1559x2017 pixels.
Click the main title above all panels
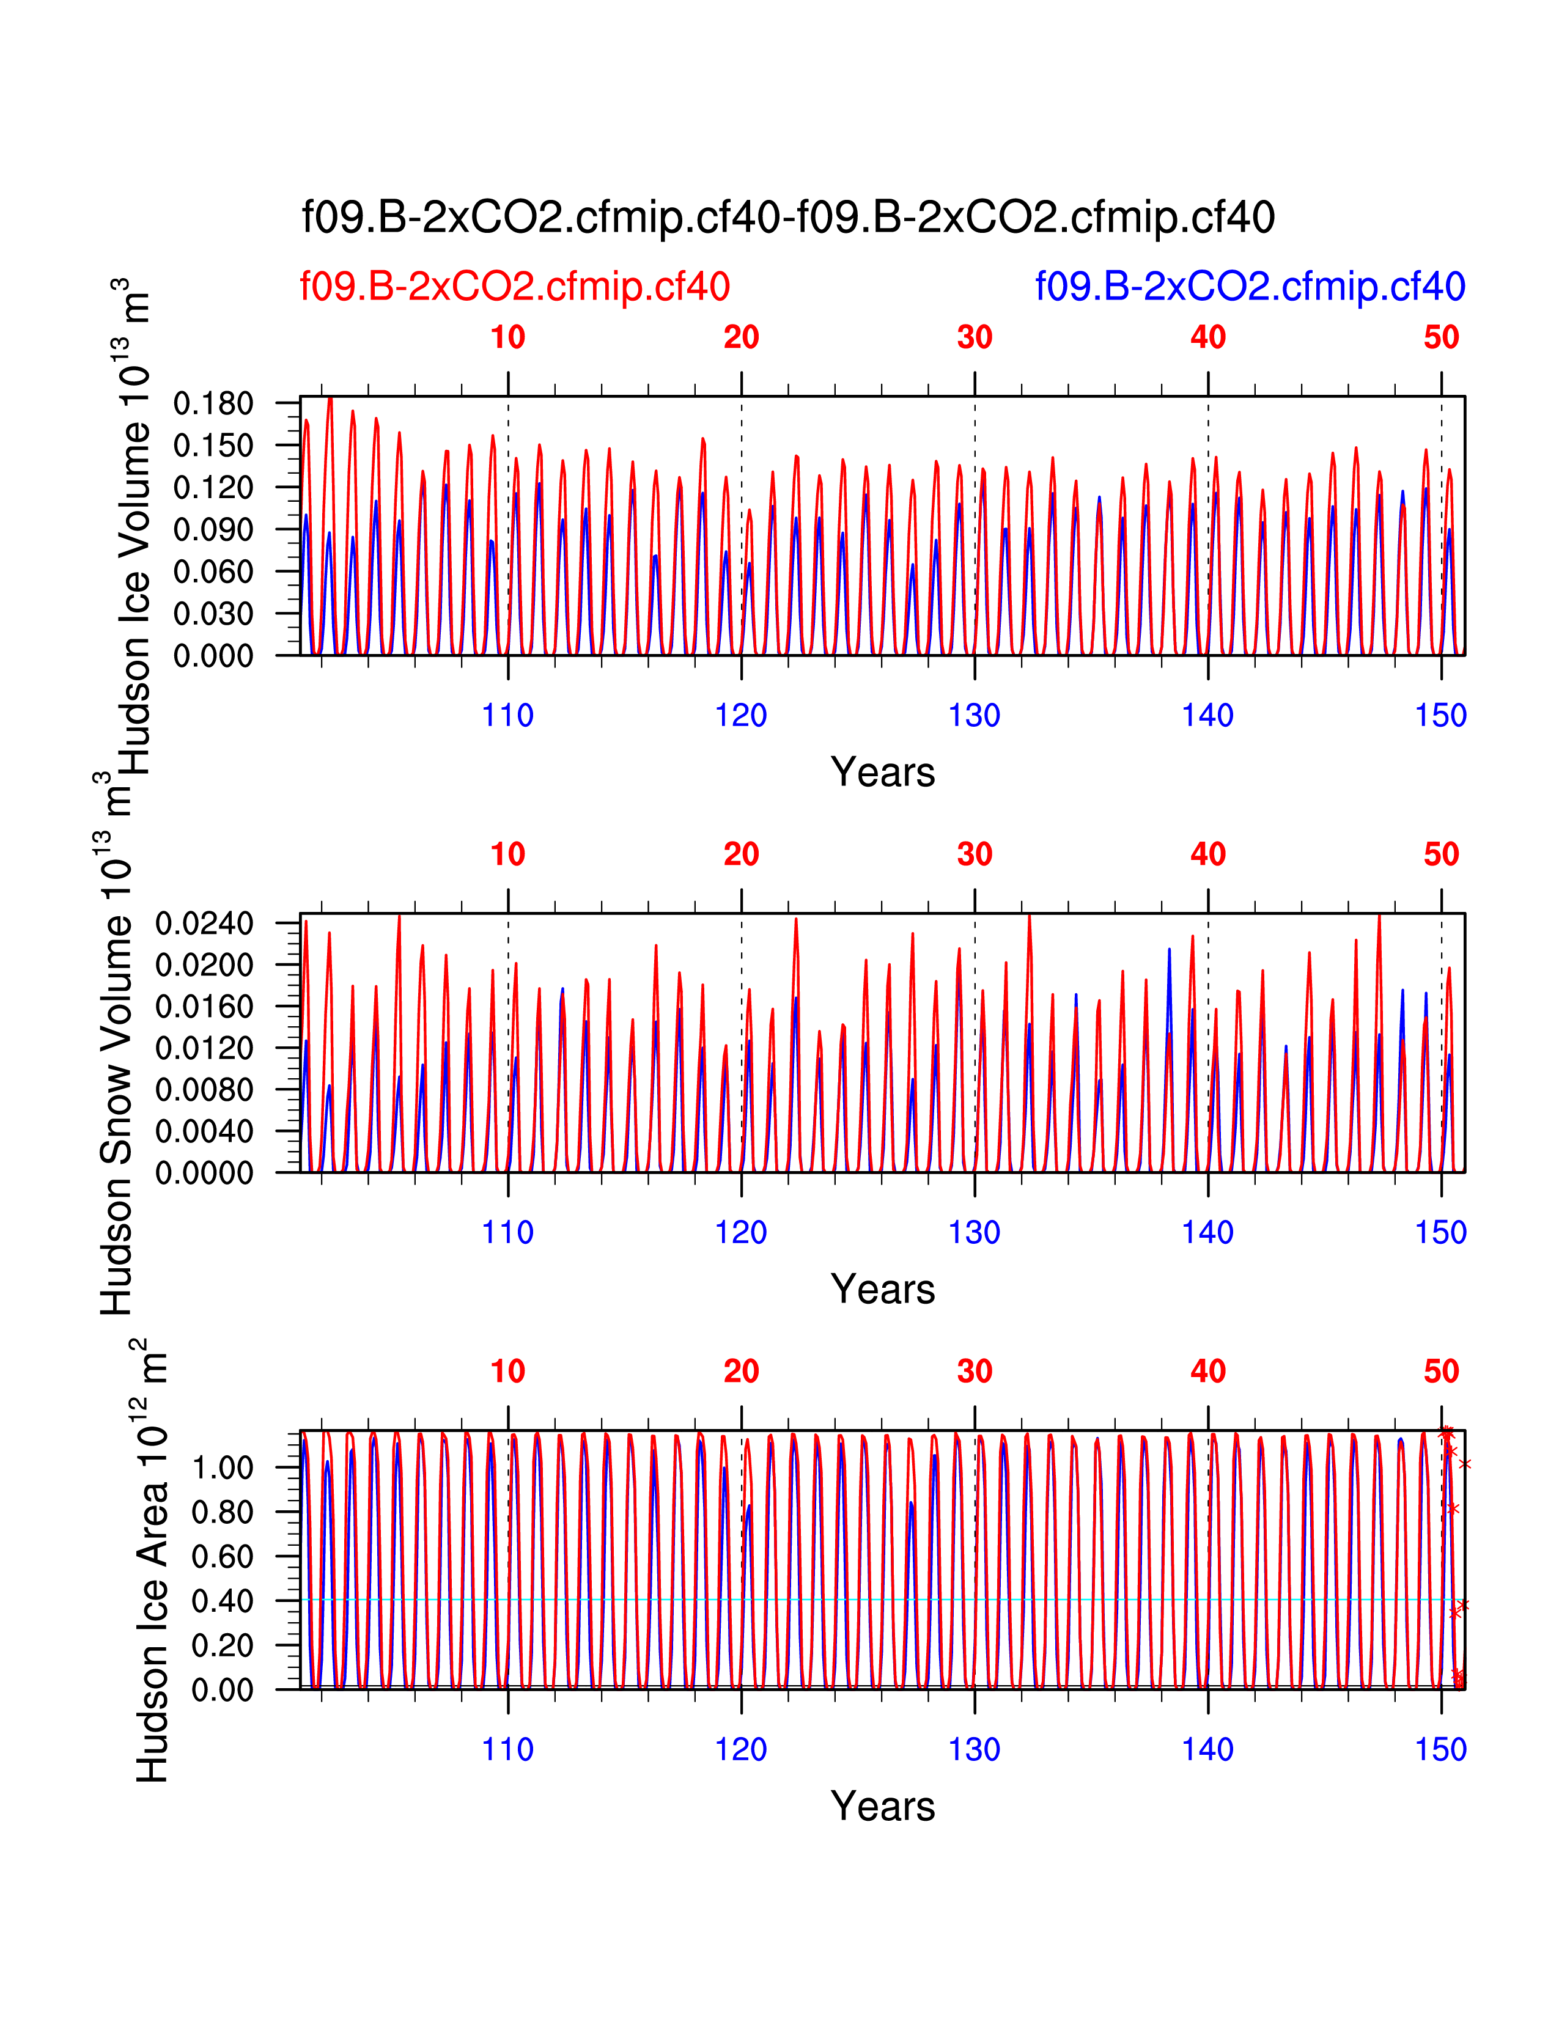coord(788,218)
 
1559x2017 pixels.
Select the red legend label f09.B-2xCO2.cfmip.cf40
coord(514,287)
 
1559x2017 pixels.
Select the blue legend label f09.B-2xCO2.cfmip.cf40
coord(1250,287)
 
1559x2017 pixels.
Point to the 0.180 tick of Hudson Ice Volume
coord(213,403)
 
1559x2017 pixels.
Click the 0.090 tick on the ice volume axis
coord(213,530)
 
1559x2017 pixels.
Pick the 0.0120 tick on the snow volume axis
coord(204,1048)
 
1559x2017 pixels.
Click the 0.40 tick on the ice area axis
coord(222,1601)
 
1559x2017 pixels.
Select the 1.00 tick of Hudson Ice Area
coord(222,1468)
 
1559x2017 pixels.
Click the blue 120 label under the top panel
coord(741,716)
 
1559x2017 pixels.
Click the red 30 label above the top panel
coord(975,338)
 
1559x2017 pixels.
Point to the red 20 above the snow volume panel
coord(741,855)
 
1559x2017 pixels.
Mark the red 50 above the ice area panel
coord(1441,1372)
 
